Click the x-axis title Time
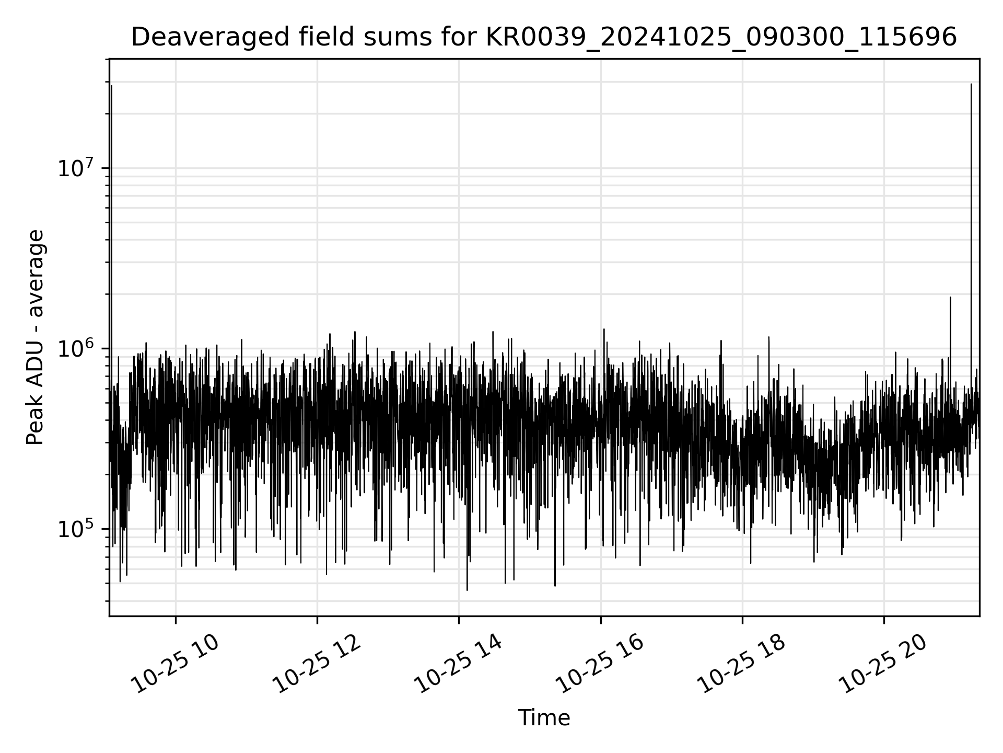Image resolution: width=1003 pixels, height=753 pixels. click(544, 718)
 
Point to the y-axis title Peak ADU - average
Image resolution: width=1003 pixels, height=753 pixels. click(36, 337)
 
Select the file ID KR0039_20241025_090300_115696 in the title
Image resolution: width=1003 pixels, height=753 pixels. click(721, 37)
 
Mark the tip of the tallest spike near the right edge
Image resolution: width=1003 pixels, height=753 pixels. click(971, 84)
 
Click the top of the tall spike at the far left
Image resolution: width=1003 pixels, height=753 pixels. click(111, 86)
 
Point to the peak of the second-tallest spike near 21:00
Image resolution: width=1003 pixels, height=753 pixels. click(950, 298)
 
